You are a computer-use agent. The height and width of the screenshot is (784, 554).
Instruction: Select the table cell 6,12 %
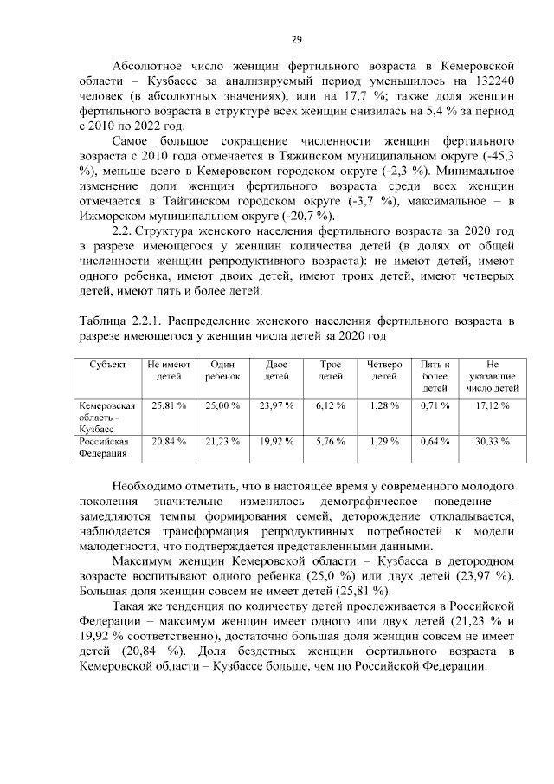(331, 405)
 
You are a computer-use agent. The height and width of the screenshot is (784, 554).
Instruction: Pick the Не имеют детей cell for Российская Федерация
(169, 441)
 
